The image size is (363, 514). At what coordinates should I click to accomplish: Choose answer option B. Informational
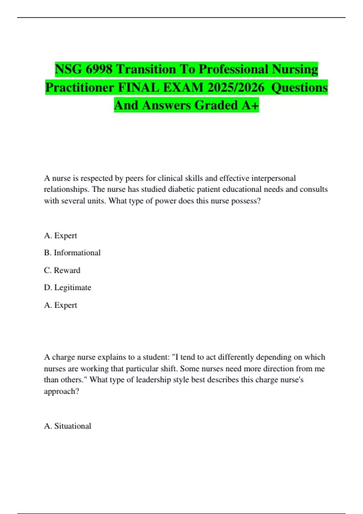72,253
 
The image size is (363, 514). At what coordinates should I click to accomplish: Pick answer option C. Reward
62,270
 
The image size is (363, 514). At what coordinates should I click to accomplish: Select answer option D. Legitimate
67,288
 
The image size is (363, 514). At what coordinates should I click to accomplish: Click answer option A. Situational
67,426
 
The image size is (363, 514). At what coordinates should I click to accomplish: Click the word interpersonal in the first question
273,178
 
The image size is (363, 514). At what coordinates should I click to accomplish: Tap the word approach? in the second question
62,391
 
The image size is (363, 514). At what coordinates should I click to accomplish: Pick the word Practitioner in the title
80,88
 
